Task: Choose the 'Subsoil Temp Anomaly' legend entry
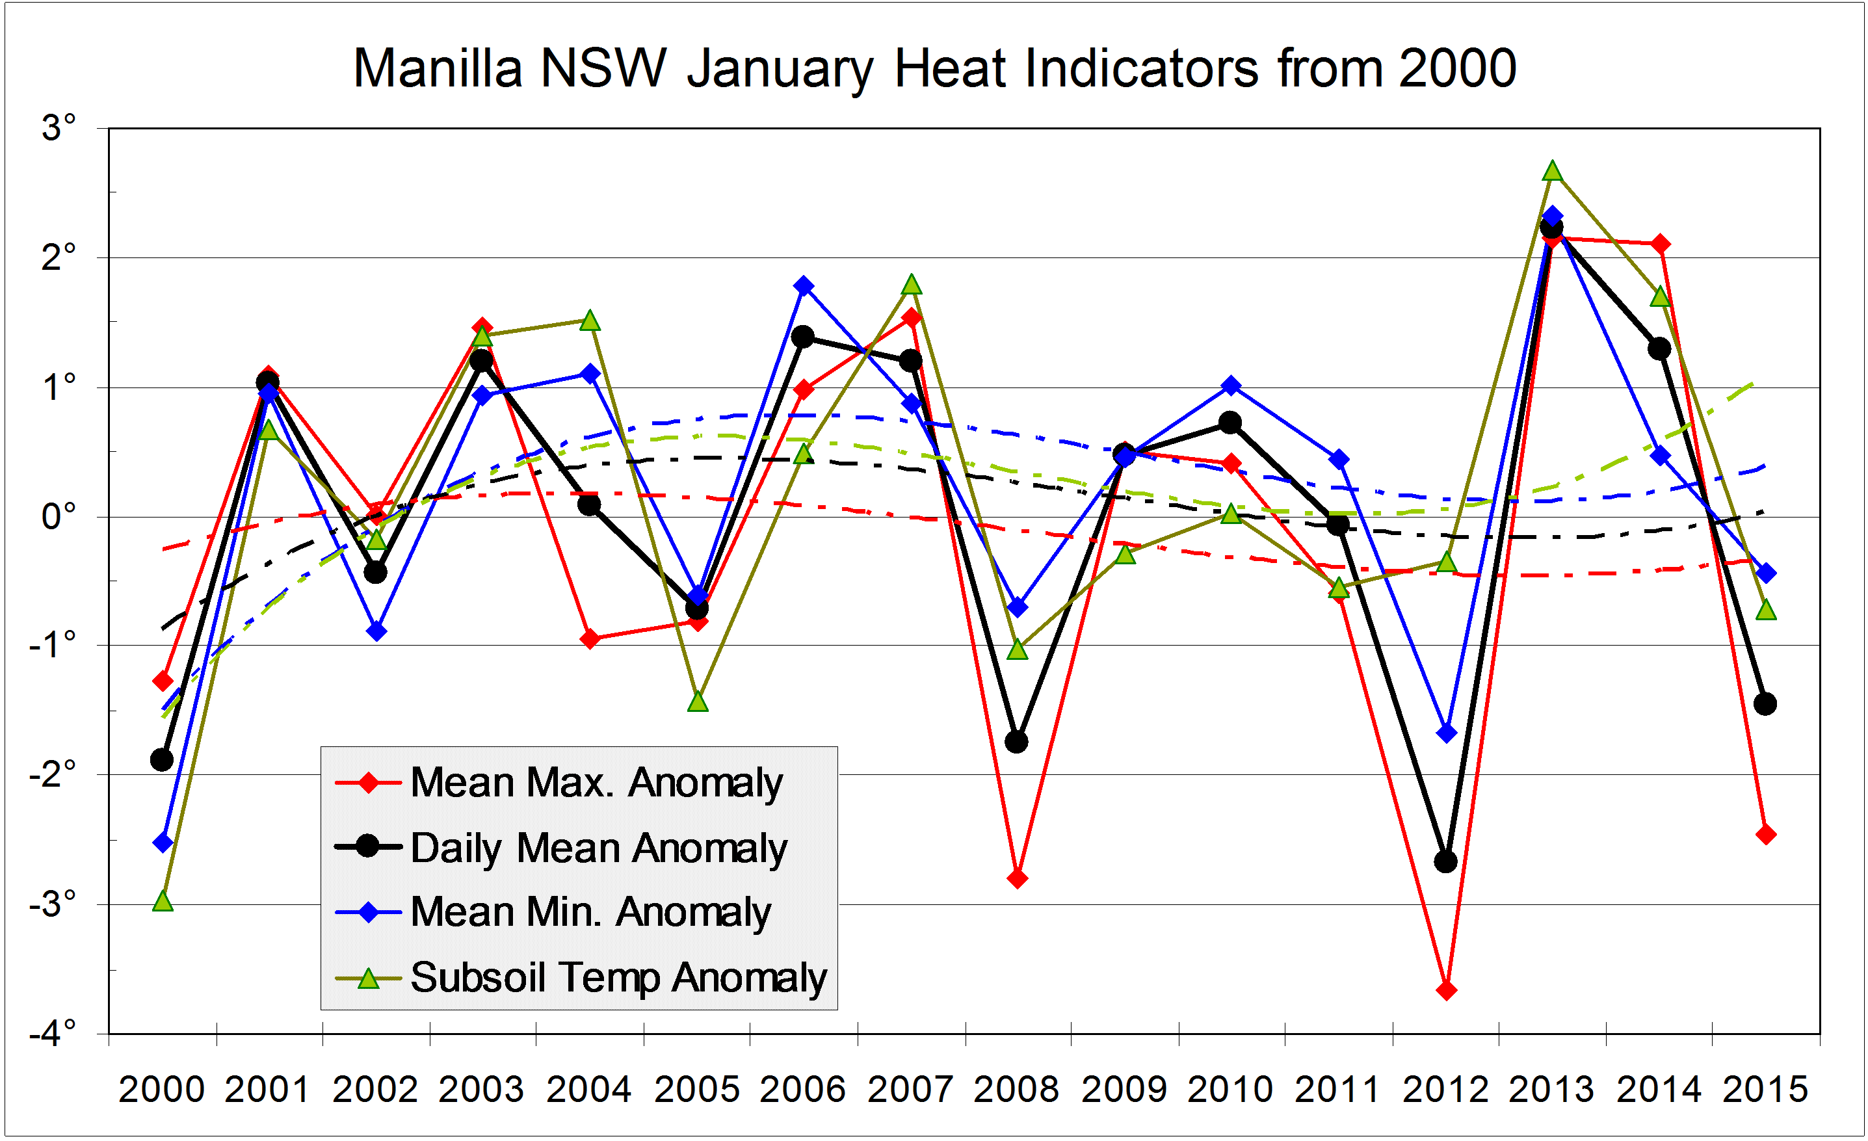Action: [x=618, y=977]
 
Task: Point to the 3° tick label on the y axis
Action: [x=59, y=127]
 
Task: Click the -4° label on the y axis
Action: [x=53, y=1032]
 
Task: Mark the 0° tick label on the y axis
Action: [x=59, y=517]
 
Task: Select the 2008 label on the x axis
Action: [x=1016, y=1090]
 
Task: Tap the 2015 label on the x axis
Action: [x=1765, y=1090]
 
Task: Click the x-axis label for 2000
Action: [x=161, y=1090]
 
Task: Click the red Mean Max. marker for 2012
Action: [x=1446, y=990]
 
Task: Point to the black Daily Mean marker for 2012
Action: [x=1446, y=861]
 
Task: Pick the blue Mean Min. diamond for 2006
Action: [x=804, y=286]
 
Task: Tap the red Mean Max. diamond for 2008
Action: [x=1018, y=879]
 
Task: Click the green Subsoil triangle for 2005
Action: [x=698, y=702]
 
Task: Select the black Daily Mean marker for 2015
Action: [x=1765, y=703]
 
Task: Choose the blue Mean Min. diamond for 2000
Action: [x=163, y=843]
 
